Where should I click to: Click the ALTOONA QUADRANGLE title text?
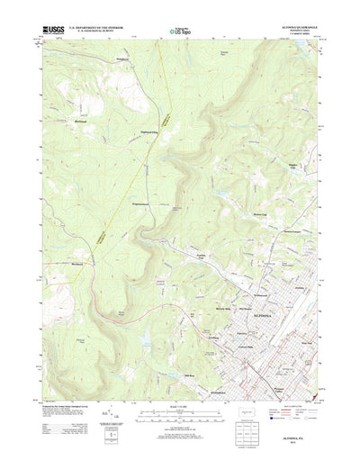pos(301,27)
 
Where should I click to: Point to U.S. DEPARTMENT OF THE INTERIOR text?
pos(98,28)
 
